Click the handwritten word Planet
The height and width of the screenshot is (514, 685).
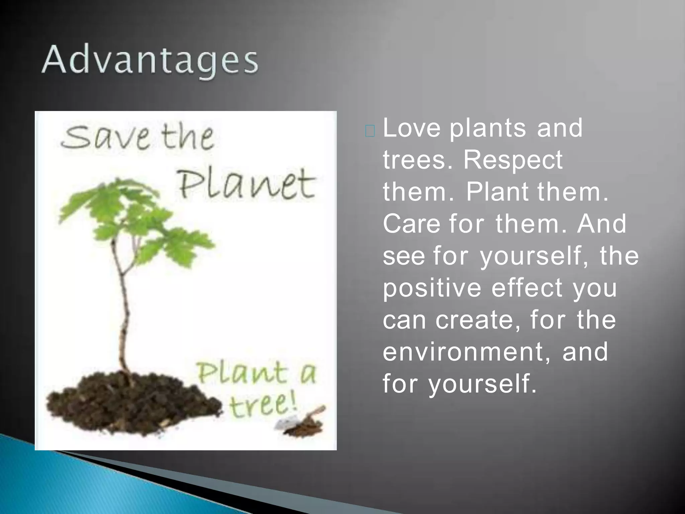click(x=246, y=184)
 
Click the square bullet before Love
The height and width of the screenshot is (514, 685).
click(x=370, y=132)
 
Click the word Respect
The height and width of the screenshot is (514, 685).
click(x=513, y=160)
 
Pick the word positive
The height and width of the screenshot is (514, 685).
click(x=432, y=288)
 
